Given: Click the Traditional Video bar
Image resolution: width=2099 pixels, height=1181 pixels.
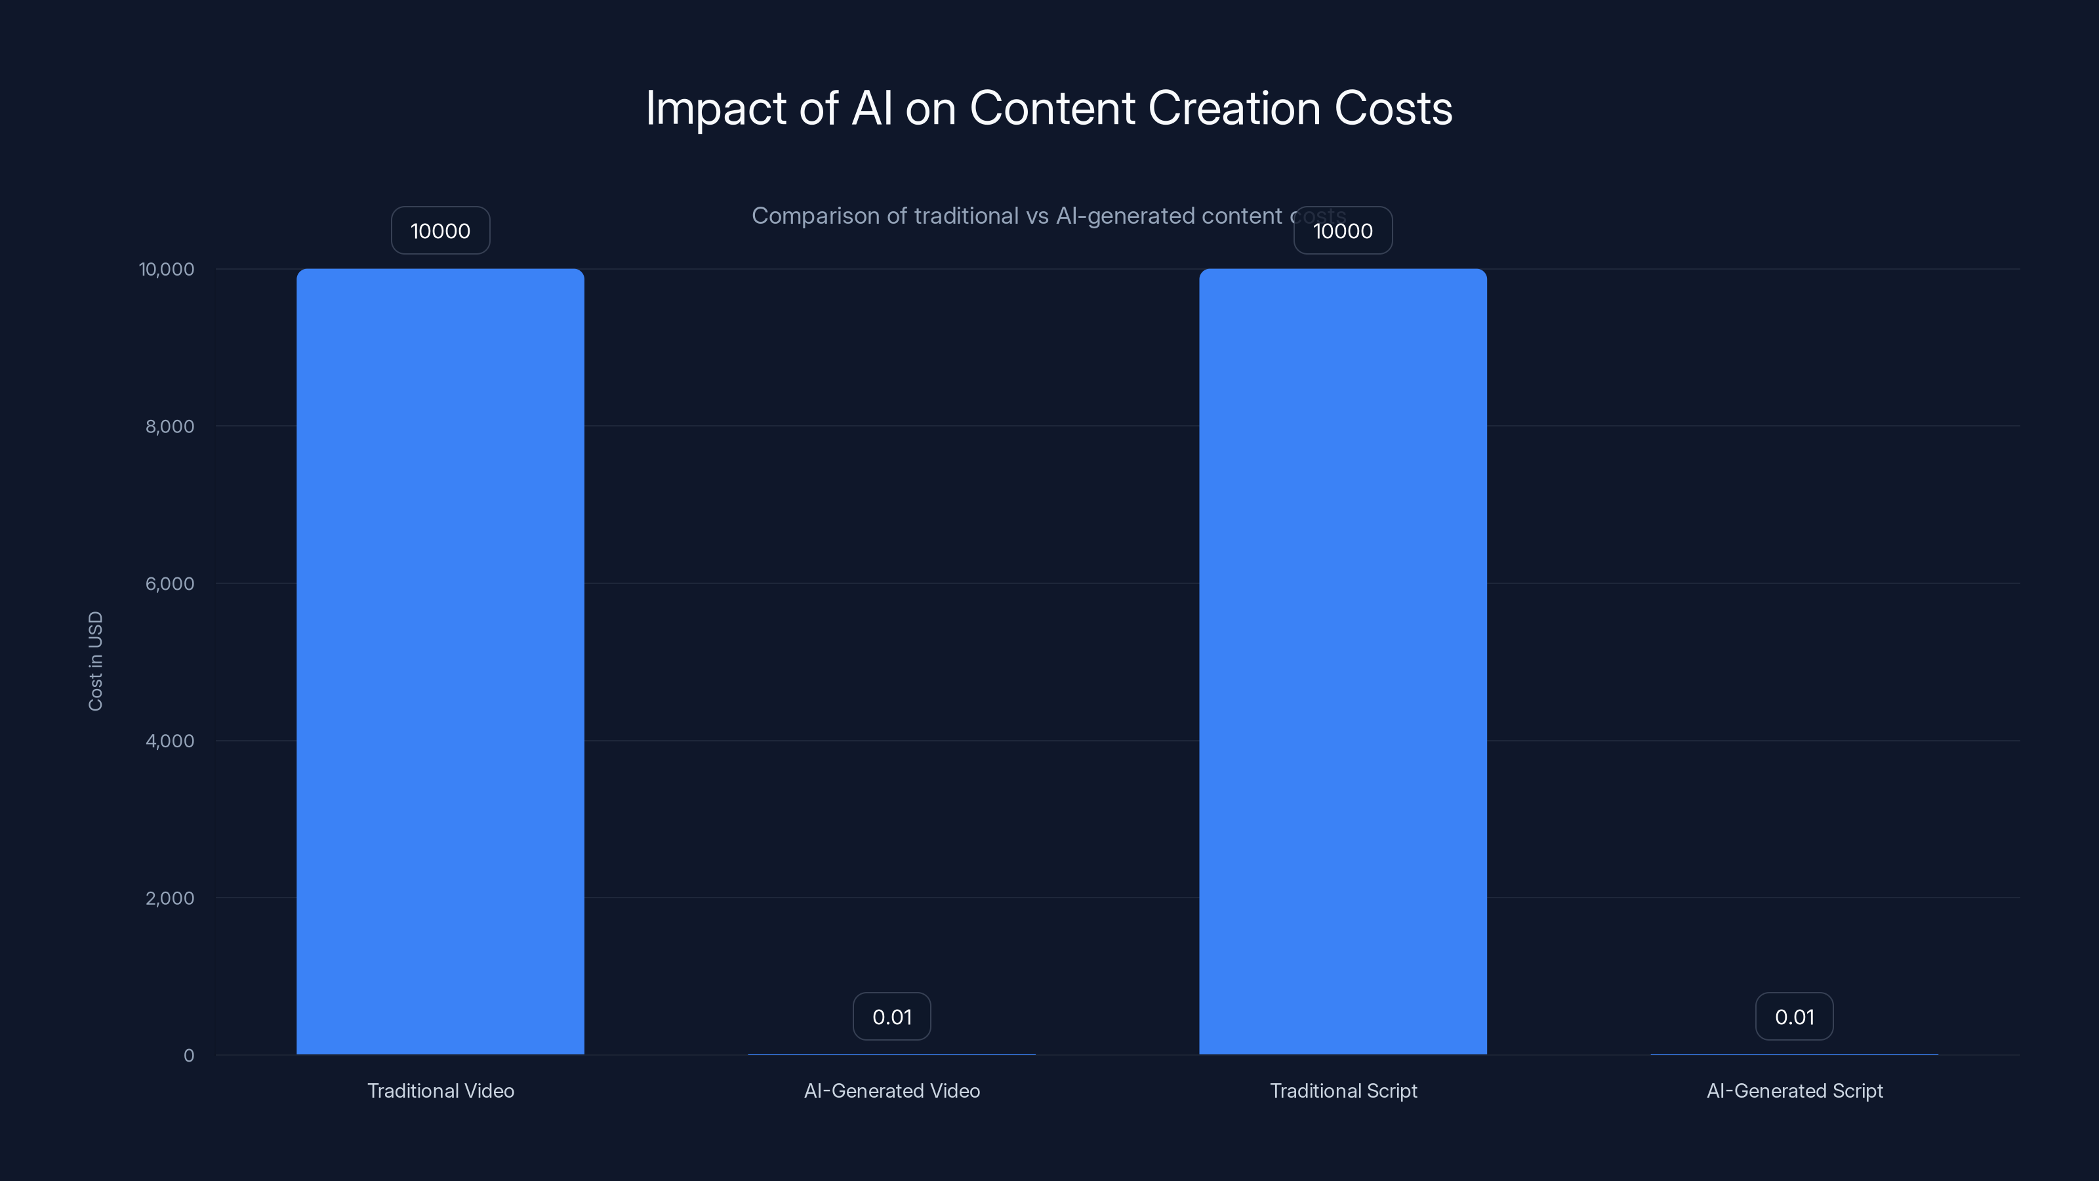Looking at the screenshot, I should pyautogui.click(x=440, y=661).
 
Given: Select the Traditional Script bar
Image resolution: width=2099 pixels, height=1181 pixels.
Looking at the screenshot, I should pyautogui.click(x=1343, y=661).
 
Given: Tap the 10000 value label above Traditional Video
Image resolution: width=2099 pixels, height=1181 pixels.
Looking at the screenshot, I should pyautogui.click(x=440, y=231).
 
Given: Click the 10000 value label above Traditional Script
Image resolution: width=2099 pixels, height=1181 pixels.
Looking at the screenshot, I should pyautogui.click(x=1343, y=231).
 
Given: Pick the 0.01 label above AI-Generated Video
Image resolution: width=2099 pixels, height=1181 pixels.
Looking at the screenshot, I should pyautogui.click(x=891, y=1016).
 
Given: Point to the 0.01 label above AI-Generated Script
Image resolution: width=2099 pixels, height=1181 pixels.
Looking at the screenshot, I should pyautogui.click(x=1794, y=1016).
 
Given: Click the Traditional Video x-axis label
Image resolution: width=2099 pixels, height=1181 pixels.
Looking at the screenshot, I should pyautogui.click(x=440, y=1090).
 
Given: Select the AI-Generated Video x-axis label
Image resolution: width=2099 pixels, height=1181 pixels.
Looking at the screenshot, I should pyautogui.click(x=891, y=1090).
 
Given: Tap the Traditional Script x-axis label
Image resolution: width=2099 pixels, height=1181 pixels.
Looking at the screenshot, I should pyautogui.click(x=1343, y=1090).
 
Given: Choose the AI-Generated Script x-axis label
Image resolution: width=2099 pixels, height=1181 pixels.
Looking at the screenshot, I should pyautogui.click(x=1794, y=1090).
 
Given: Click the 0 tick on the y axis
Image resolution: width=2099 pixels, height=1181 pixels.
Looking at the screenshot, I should pyautogui.click(x=189, y=1056).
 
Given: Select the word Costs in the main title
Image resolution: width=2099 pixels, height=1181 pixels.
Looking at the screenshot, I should pyautogui.click(x=1393, y=108).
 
